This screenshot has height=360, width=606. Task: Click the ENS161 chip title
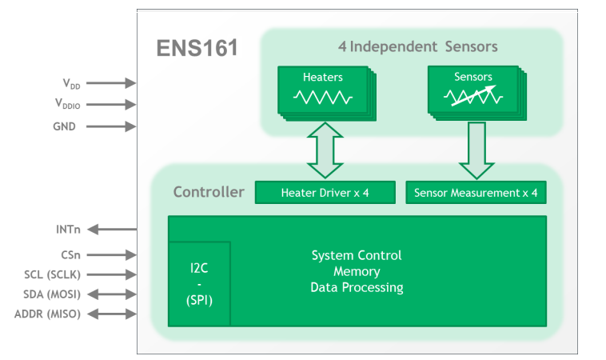click(197, 48)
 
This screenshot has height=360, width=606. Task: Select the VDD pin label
click(71, 82)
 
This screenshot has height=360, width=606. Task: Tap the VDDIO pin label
click(67, 103)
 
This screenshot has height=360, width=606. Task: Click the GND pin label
click(64, 126)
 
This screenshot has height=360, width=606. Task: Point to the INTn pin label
click(67, 230)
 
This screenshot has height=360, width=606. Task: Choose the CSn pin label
click(70, 255)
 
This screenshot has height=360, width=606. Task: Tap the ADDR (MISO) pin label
click(47, 314)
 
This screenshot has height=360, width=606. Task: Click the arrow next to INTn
click(111, 230)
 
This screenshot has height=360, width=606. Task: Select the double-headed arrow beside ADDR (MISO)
click(111, 314)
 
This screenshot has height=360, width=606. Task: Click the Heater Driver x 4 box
click(325, 193)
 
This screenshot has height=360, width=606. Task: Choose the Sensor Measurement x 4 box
click(476, 193)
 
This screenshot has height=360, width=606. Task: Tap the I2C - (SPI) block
click(199, 283)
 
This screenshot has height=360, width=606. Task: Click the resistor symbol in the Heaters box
click(322, 98)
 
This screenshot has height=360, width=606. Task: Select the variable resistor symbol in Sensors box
click(472, 97)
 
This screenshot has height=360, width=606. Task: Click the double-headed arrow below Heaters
click(324, 150)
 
